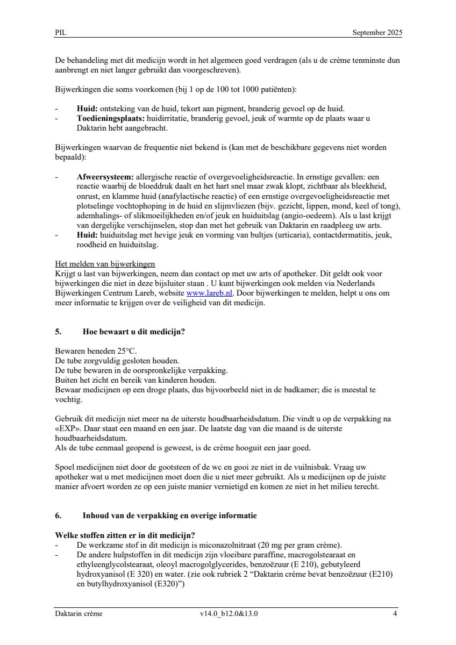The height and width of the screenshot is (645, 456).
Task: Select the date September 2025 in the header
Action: point(377,33)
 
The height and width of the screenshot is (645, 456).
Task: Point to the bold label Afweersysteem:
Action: point(105,176)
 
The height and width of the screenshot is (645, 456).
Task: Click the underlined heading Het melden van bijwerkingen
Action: point(105,264)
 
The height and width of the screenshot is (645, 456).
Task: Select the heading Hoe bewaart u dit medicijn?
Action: point(133,332)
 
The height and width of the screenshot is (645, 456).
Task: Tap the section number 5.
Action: point(58,332)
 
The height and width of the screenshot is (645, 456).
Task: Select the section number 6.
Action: point(58,515)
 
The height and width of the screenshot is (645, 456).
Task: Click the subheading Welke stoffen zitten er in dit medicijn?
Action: point(125,535)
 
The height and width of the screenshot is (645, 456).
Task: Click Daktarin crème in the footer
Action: point(79,613)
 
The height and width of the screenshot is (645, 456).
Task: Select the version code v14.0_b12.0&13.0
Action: point(228,613)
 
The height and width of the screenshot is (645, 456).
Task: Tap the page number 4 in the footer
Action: point(395,613)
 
